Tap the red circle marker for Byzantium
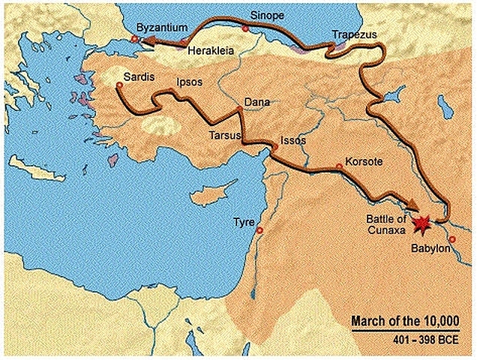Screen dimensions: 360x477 pos(134,39)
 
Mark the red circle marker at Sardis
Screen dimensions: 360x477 pos(119,86)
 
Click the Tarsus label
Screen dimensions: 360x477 pos(224,136)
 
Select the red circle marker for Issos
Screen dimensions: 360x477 pos(275,148)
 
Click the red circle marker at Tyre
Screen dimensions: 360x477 pos(259,230)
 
